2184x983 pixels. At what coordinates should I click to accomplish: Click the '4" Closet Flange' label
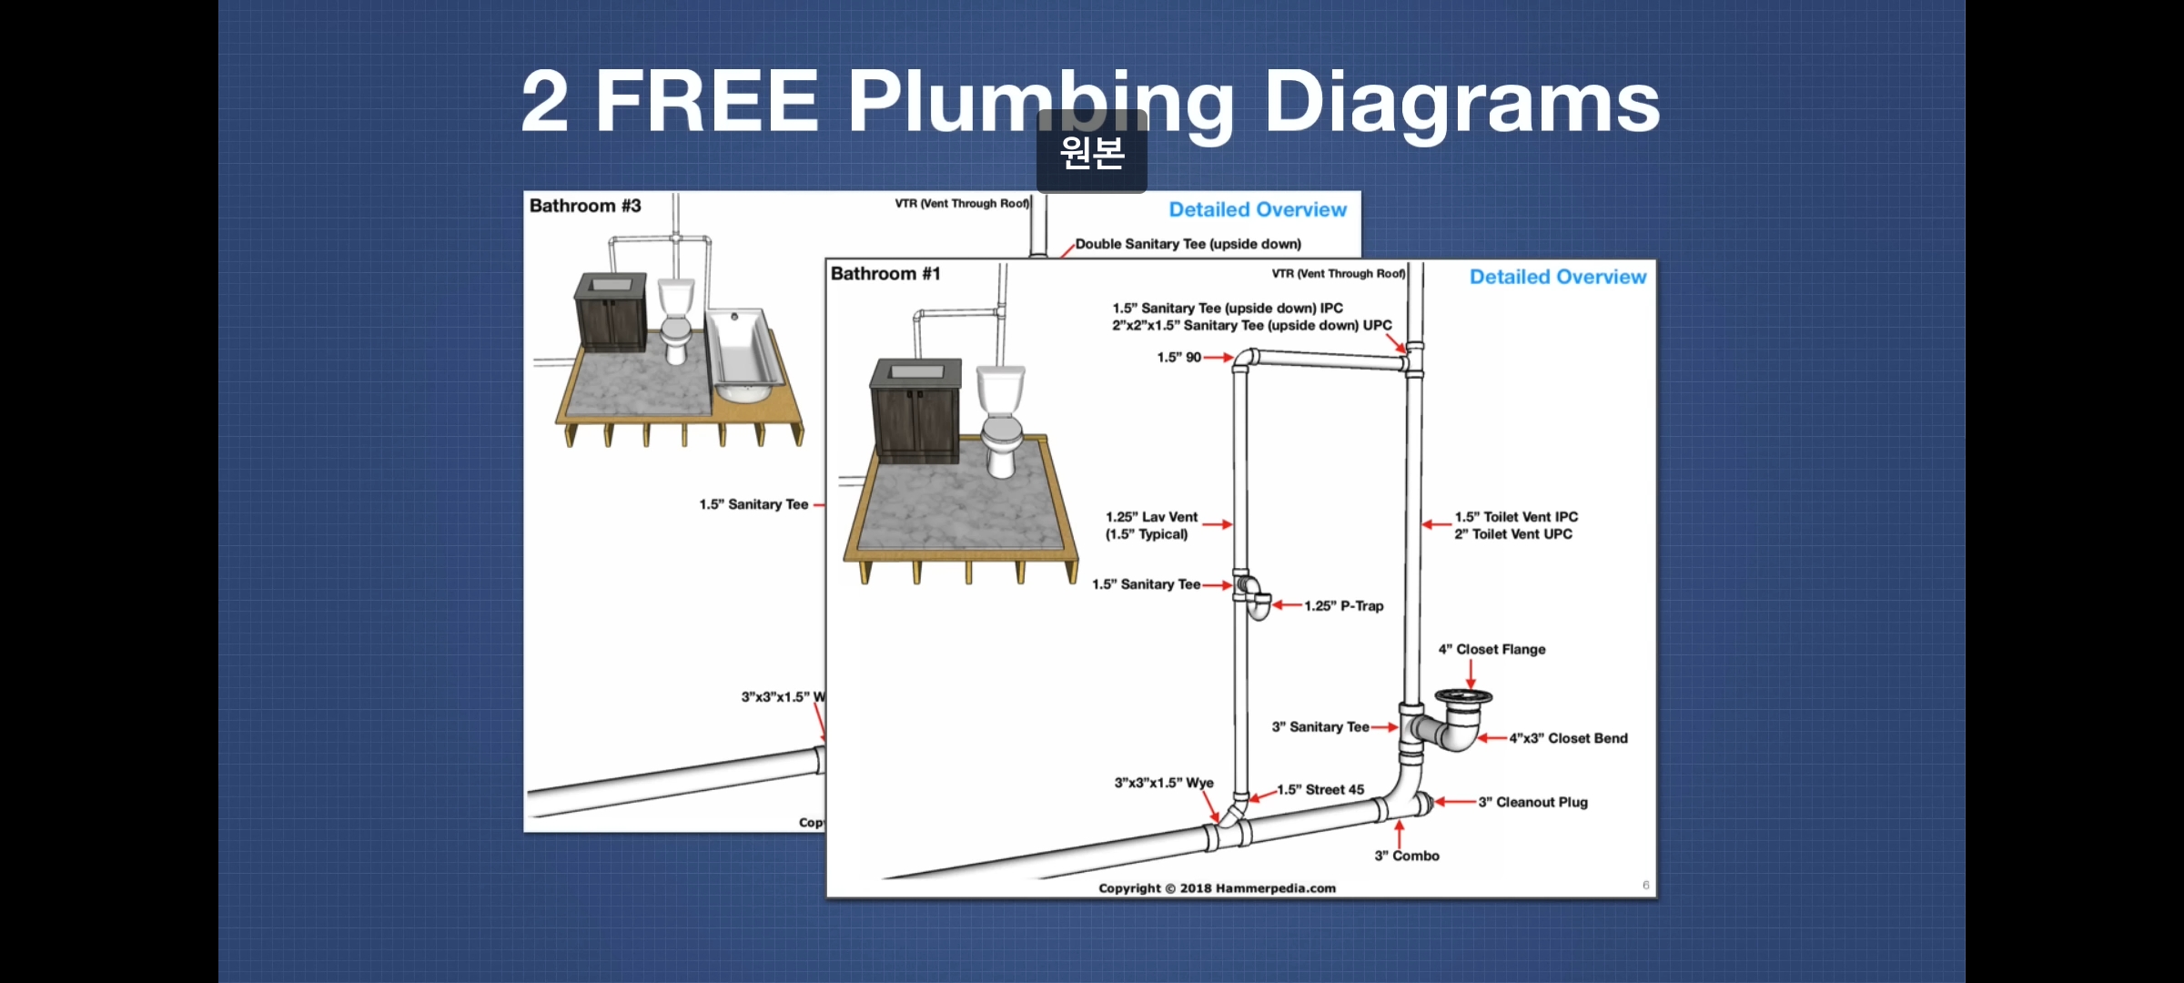point(1491,649)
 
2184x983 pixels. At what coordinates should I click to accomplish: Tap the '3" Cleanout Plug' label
point(1532,802)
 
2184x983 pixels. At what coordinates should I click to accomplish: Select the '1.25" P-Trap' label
point(1343,606)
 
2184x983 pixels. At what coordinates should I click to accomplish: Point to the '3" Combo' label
point(1407,856)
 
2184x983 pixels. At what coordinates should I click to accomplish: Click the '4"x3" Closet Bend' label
point(1568,738)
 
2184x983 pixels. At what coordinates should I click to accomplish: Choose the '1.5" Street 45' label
point(1320,790)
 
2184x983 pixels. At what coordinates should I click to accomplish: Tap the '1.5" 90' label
point(1178,358)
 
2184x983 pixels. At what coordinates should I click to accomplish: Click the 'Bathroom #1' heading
point(885,274)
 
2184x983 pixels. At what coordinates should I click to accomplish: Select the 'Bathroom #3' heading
point(585,206)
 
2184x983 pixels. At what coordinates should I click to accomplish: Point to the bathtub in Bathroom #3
point(744,357)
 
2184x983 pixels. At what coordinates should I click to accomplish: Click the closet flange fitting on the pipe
point(1463,699)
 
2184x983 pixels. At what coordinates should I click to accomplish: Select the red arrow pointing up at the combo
point(1400,832)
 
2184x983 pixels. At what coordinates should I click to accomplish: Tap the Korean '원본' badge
point(1092,152)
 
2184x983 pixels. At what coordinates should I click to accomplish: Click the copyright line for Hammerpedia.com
point(1217,888)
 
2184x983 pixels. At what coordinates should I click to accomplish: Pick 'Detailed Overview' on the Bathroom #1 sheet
point(1557,277)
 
